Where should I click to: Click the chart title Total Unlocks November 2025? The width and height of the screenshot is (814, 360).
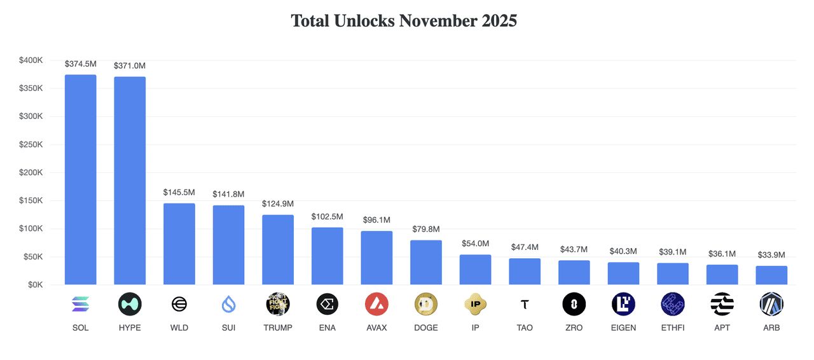[x=404, y=20]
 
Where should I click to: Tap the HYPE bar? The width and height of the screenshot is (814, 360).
[x=130, y=181]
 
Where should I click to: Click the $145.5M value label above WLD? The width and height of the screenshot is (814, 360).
[x=179, y=191]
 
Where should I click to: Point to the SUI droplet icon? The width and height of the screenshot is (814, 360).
[x=228, y=305]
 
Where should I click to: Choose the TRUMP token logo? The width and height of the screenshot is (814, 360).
[x=278, y=305]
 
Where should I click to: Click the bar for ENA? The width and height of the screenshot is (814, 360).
[x=328, y=256]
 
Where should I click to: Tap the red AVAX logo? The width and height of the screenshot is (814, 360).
[x=376, y=305]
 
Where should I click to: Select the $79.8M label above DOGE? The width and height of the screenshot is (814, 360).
[x=426, y=229]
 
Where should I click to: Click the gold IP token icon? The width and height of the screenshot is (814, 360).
[x=476, y=305]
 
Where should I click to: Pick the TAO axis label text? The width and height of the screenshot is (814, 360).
[x=525, y=328]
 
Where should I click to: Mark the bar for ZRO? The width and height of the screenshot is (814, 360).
[x=574, y=272]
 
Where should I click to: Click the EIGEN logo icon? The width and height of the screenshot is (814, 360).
[x=623, y=305]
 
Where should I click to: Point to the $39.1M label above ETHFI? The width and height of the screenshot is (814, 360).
[x=673, y=252]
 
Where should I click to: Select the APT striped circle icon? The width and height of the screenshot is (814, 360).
[x=722, y=305]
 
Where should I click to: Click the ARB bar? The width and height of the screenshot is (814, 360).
[x=771, y=275]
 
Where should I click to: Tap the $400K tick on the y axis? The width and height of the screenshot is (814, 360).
[x=31, y=60]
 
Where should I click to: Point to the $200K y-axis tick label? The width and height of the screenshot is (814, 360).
[x=31, y=172]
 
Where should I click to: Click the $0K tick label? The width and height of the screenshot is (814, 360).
[x=34, y=285]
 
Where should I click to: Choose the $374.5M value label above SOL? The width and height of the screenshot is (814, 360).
[x=81, y=64]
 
